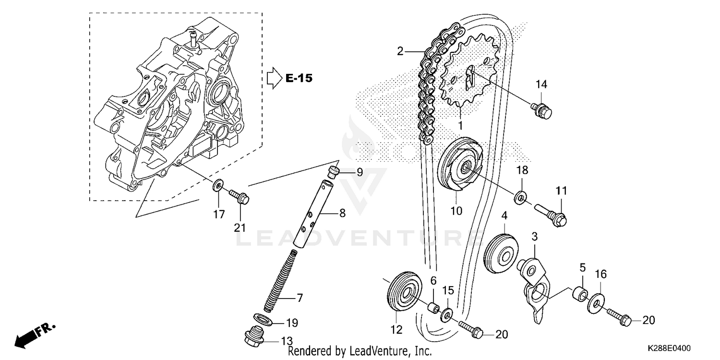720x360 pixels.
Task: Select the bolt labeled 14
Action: click(x=542, y=109)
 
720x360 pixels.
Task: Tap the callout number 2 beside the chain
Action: click(x=400, y=51)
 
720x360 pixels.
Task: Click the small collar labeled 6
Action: click(x=433, y=308)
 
